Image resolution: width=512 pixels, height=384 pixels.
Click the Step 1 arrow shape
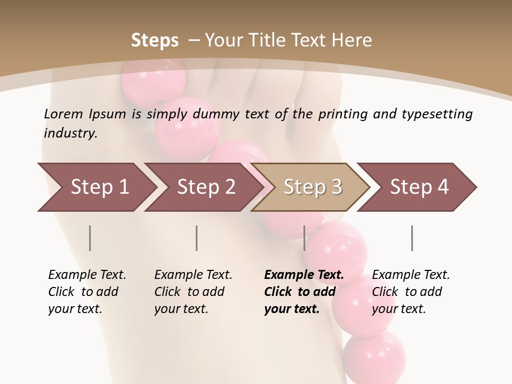96,187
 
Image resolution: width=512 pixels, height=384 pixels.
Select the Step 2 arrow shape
203,187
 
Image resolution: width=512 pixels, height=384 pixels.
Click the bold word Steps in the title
155,41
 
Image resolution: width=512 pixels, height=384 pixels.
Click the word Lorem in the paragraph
63,114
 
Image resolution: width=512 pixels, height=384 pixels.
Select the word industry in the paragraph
70,133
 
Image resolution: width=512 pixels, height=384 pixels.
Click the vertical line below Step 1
90,238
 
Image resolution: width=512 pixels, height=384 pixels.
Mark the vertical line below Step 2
197,238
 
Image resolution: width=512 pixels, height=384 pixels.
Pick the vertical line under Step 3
305,238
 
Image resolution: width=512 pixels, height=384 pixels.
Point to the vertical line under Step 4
412,238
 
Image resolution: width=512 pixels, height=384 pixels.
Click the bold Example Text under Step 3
304,275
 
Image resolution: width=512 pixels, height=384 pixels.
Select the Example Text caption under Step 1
87,275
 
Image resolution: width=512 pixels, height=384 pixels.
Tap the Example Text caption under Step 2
193,275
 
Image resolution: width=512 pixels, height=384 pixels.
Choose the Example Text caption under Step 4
411,275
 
